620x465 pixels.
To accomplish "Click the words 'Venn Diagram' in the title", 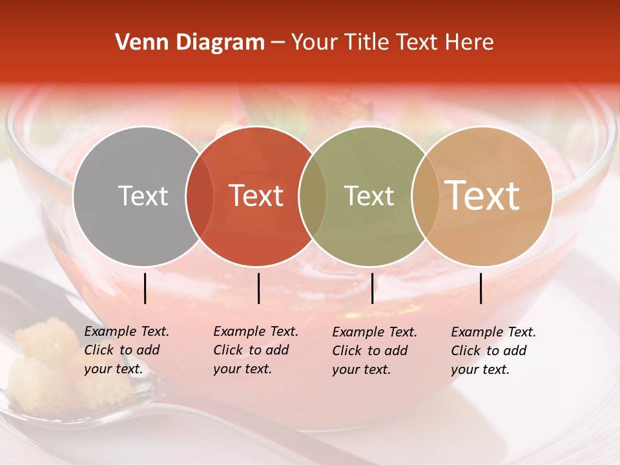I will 190,42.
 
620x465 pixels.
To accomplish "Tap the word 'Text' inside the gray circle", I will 143,196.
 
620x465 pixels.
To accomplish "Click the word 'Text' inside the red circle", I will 256,196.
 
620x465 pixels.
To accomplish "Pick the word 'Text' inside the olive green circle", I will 369,196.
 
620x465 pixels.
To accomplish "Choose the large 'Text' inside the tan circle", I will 482,195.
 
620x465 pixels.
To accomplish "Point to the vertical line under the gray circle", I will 145,288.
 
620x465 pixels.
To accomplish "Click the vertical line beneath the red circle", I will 258,288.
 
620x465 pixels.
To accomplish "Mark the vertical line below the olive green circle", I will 372,288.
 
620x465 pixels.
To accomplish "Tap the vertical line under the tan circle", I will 481,288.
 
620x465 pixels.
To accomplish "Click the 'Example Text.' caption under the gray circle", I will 127,331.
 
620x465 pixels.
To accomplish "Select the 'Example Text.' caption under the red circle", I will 256,331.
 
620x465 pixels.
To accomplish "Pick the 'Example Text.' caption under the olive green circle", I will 375,332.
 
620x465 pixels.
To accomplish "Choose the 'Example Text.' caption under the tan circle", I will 493,332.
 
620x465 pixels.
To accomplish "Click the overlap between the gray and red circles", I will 200,196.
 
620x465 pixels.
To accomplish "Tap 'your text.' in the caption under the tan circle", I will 480,369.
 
